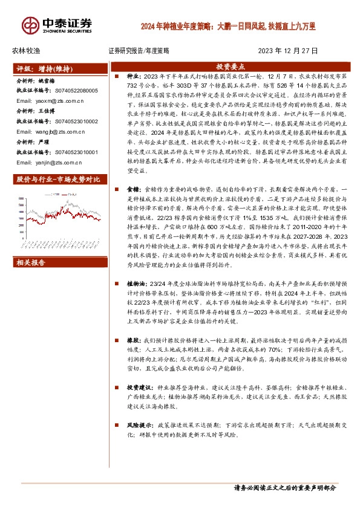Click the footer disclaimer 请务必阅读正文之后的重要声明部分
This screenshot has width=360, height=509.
[x=284, y=487]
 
